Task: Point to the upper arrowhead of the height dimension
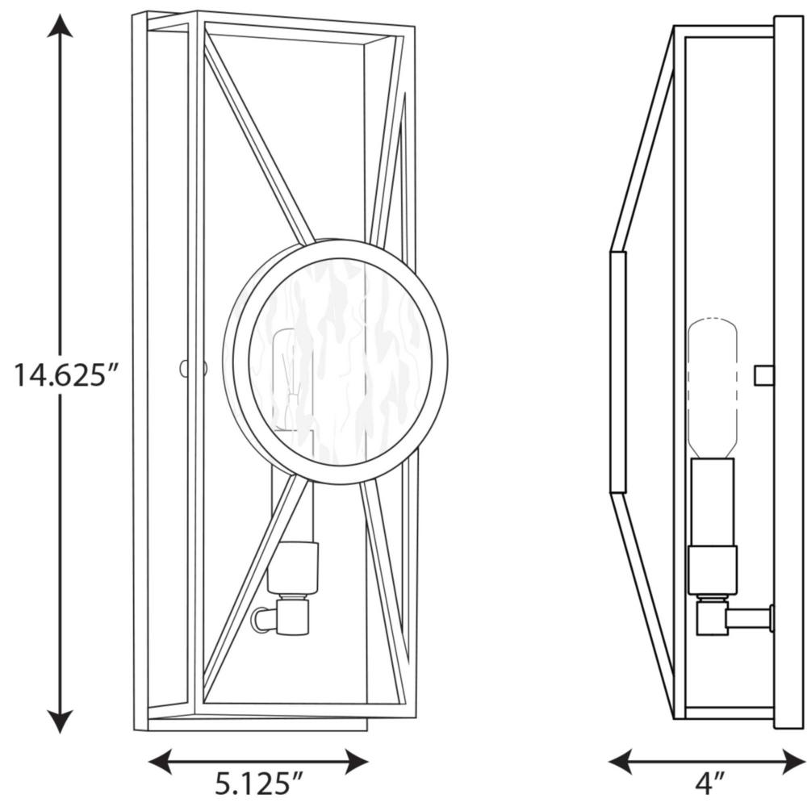60,26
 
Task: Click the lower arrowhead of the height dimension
60,721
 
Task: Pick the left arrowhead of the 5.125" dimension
160,762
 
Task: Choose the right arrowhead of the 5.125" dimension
357,762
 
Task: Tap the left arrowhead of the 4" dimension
620,762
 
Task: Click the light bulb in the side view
713,389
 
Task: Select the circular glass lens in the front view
341,362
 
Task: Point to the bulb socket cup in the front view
292,567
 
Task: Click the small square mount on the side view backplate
764,375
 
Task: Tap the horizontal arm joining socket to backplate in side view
749,618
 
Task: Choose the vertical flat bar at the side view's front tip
617,373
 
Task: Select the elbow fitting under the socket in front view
282,617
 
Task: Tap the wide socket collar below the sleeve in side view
713,571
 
